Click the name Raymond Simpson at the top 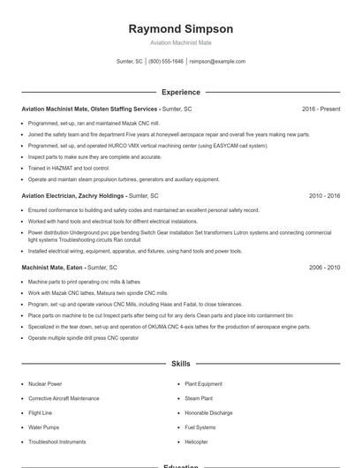point(181,28)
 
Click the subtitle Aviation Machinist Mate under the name point(181,42)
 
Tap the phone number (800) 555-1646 point(166,62)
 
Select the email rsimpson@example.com point(217,62)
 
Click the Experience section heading point(181,92)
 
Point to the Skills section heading point(181,363)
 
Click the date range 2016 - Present point(321,109)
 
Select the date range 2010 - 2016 point(324,195)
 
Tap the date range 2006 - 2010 point(324,267)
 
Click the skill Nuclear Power point(45,384)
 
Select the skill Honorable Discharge point(208,412)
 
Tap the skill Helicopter point(196,442)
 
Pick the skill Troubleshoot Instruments point(57,442)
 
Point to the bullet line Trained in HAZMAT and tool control point(69,167)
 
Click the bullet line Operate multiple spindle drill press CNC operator point(83,337)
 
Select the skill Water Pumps point(44,427)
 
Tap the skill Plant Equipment point(204,384)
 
